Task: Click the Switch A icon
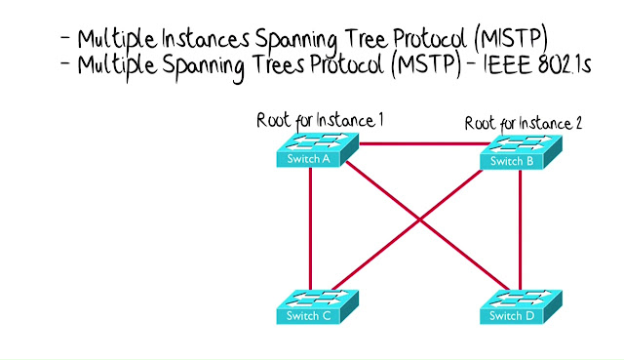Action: point(318,149)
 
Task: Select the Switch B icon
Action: point(521,152)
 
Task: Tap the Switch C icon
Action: point(318,306)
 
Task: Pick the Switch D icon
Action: point(521,306)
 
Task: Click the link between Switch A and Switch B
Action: point(424,143)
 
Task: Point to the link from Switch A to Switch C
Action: point(310,228)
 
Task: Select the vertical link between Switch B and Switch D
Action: point(520,230)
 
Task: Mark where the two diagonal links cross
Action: point(419,220)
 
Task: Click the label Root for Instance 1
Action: point(320,120)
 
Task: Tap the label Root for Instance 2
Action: point(524,124)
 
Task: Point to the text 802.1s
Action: point(565,64)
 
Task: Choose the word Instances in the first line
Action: point(206,39)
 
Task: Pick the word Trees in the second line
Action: point(280,64)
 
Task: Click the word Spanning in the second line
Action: point(204,67)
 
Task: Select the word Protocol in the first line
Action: point(430,39)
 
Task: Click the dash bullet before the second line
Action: point(65,62)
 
